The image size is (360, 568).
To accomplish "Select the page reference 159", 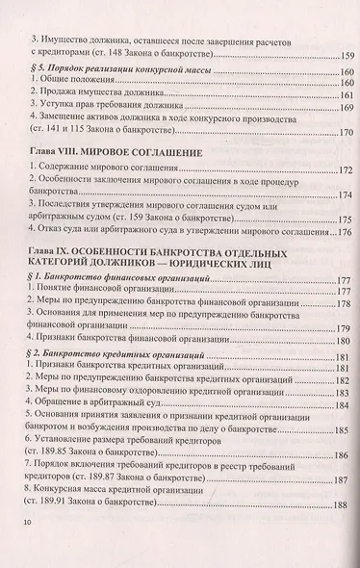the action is point(337,56).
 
